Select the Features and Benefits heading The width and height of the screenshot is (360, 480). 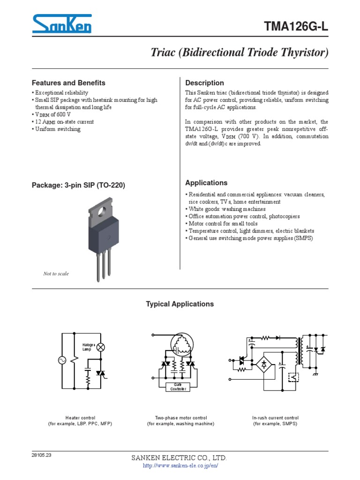tap(68, 83)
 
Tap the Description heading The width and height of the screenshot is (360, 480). tap(205, 83)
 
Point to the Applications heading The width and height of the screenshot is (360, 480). tap(207, 183)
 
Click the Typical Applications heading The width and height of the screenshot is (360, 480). tap(180, 304)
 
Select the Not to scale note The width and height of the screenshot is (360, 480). tap(56, 274)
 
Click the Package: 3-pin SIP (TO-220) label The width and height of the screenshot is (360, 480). tap(78, 185)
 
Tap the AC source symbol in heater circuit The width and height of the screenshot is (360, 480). tap(62, 360)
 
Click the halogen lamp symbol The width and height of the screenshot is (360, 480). tap(100, 347)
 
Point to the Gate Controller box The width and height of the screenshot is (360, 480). tap(180, 387)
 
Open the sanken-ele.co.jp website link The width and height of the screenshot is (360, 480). tap(180, 466)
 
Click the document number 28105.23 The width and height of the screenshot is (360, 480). tap(42, 455)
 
